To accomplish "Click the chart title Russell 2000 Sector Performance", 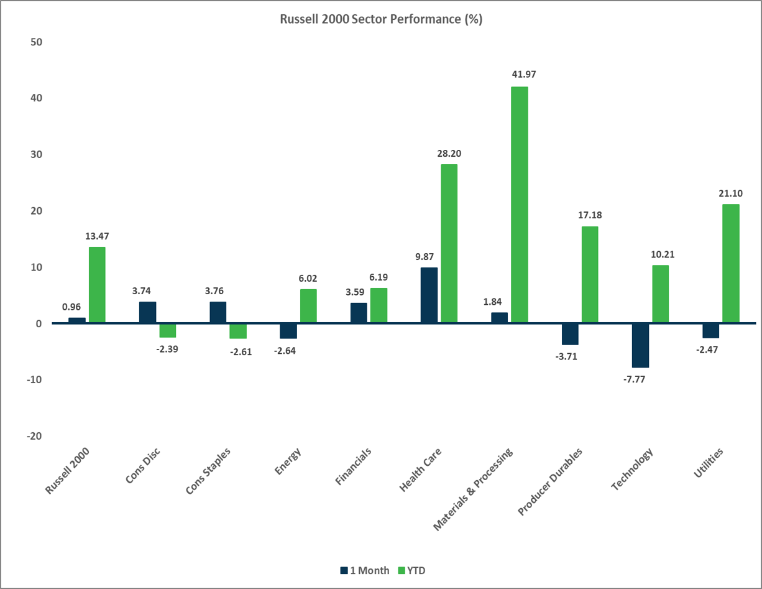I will [381, 19].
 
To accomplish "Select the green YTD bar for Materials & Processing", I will [520, 205].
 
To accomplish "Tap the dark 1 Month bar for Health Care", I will [429, 295].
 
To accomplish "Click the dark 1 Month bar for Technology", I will [640, 345].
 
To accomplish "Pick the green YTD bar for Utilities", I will [731, 263].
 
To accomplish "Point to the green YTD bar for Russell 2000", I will [97, 285].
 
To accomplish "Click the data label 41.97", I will [520, 75].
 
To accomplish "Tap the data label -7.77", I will [640, 379].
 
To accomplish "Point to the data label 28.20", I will [449, 152].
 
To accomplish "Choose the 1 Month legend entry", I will [365, 570].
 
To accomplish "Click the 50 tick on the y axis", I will [34, 42].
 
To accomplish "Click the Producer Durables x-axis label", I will [549, 481].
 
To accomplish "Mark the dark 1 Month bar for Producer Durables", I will [570, 334].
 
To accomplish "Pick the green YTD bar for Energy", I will [308, 306].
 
